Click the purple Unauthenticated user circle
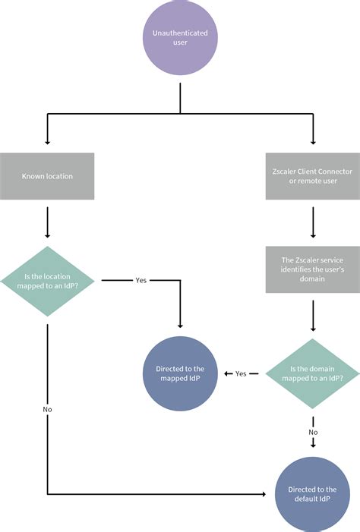180,38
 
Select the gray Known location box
47,176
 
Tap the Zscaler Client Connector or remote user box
312,176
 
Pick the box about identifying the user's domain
312,269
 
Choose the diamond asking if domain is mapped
312,373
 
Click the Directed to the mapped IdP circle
180,373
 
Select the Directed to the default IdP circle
312,494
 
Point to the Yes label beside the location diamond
141,279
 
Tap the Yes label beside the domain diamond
241,373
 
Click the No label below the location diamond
47,409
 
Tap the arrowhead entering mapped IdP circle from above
180,325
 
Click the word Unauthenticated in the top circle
180,33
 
